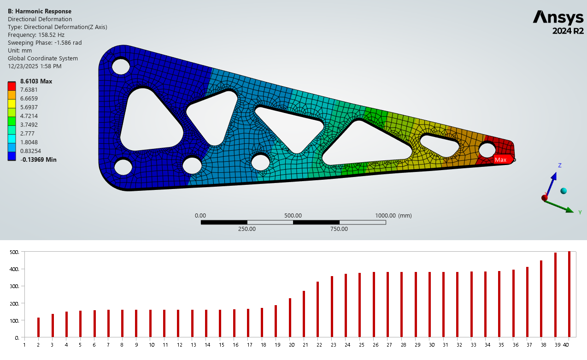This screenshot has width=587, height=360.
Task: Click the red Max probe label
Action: (x=501, y=160)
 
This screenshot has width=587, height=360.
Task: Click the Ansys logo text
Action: (x=558, y=18)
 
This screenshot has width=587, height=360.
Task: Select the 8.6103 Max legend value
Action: (x=36, y=82)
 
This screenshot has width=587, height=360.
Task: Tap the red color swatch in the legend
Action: (x=12, y=86)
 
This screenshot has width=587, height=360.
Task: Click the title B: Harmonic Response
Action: (x=40, y=11)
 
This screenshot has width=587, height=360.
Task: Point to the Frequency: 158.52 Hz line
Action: (x=36, y=35)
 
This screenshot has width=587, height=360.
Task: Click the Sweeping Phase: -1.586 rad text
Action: (x=45, y=42)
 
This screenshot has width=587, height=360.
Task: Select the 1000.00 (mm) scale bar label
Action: (x=393, y=215)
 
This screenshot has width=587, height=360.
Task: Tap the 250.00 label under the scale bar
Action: (x=247, y=229)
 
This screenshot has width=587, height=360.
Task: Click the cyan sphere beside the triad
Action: (x=563, y=191)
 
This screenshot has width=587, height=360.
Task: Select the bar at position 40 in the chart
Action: (x=569, y=294)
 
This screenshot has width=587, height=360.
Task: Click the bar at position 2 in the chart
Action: (x=38, y=327)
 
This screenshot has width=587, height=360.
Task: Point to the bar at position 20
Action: (x=290, y=318)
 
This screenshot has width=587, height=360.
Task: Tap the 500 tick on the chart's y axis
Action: (x=14, y=252)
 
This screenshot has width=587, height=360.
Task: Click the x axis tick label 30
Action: (x=431, y=344)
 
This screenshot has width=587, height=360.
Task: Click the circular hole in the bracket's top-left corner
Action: (x=121, y=66)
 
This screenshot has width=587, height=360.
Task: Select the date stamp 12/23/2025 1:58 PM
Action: (x=35, y=66)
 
